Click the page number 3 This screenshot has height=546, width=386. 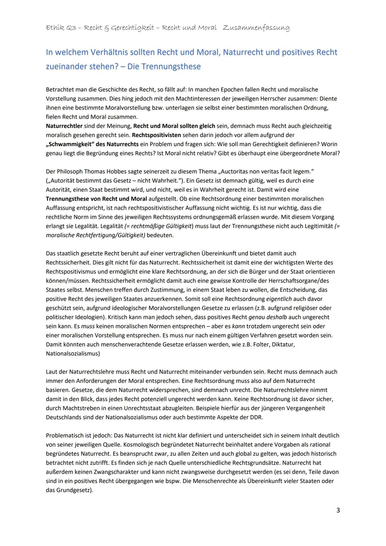click(338, 510)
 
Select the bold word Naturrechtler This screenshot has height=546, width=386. click(64, 126)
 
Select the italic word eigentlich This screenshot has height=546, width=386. click(279, 299)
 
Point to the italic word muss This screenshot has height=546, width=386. click(88, 326)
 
